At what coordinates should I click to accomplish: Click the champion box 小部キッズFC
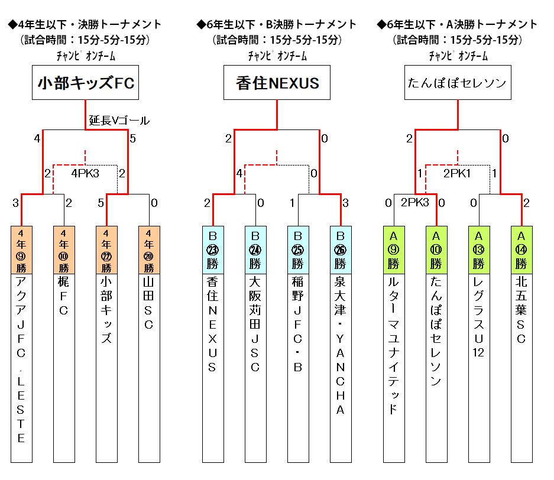click(x=86, y=83)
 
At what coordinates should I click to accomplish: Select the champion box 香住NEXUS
click(x=277, y=83)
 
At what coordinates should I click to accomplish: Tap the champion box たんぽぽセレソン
click(x=458, y=83)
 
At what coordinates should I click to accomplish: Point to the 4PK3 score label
click(x=86, y=174)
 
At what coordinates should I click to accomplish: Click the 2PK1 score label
click(x=457, y=174)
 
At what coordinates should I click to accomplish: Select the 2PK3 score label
click(x=414, y=202)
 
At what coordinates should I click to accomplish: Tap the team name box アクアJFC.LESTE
click(x=21, y=367)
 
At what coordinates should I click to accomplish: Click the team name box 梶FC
click(x=64, y=367)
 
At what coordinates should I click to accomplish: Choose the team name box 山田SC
click(x=148, y=367)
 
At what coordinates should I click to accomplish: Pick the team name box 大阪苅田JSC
click(x=255, y=367)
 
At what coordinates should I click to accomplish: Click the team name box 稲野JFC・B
click(x=297, y=367)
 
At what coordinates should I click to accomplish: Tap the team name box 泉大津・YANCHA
click(x=340, y=367)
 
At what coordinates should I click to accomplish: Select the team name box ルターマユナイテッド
click(x=393, y=367)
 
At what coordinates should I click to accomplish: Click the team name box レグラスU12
click(x=478, y=367)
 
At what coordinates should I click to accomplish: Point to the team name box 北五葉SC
click(x=521, y=367)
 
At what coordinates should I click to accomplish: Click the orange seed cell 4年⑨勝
click(x=21, y=249)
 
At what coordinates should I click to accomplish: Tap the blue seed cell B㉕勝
click(x=297, y=249)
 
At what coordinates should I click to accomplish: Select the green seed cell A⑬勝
click(x=478, y=249)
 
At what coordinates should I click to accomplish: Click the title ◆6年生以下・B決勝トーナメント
click(x=277, y=24)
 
